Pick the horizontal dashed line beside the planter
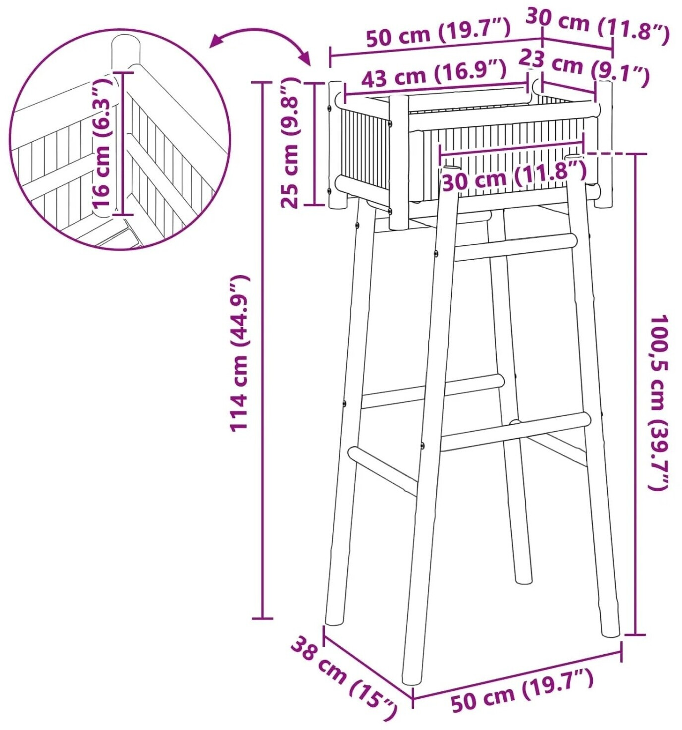609,153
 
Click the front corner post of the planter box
399,162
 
